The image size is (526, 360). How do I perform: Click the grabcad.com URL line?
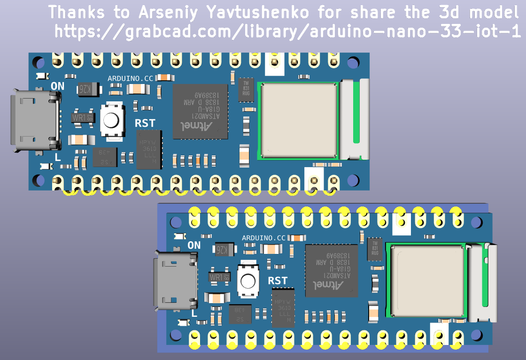click(287, 32)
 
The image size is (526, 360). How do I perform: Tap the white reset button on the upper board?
click(111, 120)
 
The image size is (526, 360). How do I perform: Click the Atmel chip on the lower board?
click(332, 270)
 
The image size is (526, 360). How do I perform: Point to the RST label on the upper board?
click(145, 123)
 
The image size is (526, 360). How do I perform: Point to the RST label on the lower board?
click(278, 281)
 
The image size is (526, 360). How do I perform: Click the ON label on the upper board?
click(58, 86)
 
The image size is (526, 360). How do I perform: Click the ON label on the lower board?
click(194, 245)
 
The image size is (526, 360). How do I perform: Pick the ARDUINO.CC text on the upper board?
click(131, 78)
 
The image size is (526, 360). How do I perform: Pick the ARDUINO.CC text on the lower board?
click(263, 238)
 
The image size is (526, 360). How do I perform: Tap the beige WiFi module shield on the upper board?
click(299, 120)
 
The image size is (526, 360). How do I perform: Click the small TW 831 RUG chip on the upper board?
click(246, 89)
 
